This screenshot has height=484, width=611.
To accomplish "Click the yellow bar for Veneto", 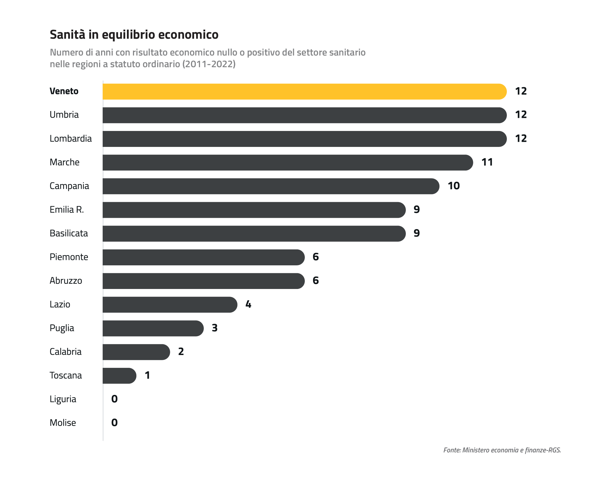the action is (305, 91).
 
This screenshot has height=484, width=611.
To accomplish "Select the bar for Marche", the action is (288, 163).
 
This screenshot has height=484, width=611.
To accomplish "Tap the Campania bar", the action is (271, 186).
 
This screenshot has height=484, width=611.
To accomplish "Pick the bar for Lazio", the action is (170, 305).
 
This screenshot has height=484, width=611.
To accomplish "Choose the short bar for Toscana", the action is (120, 376).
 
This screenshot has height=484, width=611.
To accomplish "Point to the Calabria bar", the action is (136, 352).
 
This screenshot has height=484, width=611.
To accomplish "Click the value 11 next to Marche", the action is (487, 162).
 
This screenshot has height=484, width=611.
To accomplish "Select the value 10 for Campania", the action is (454, 186).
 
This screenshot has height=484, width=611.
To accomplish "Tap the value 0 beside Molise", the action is (114, 423).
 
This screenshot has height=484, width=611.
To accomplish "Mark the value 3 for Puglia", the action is (215, 328).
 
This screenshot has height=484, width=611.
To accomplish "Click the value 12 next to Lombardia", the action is (521, 138).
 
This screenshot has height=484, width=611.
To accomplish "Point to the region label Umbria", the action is (64, 114).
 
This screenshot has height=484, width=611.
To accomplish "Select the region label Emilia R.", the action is (67, 210).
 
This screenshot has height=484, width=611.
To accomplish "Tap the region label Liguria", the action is (63, 399).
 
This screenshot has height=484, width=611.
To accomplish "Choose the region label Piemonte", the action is (69, 257).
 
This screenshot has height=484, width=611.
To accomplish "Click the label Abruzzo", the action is (66, 281).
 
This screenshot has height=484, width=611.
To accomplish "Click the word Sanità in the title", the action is (67, 34).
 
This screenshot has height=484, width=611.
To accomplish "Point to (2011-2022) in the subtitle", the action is (209, 64).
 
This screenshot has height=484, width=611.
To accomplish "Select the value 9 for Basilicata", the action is (417, 233).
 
